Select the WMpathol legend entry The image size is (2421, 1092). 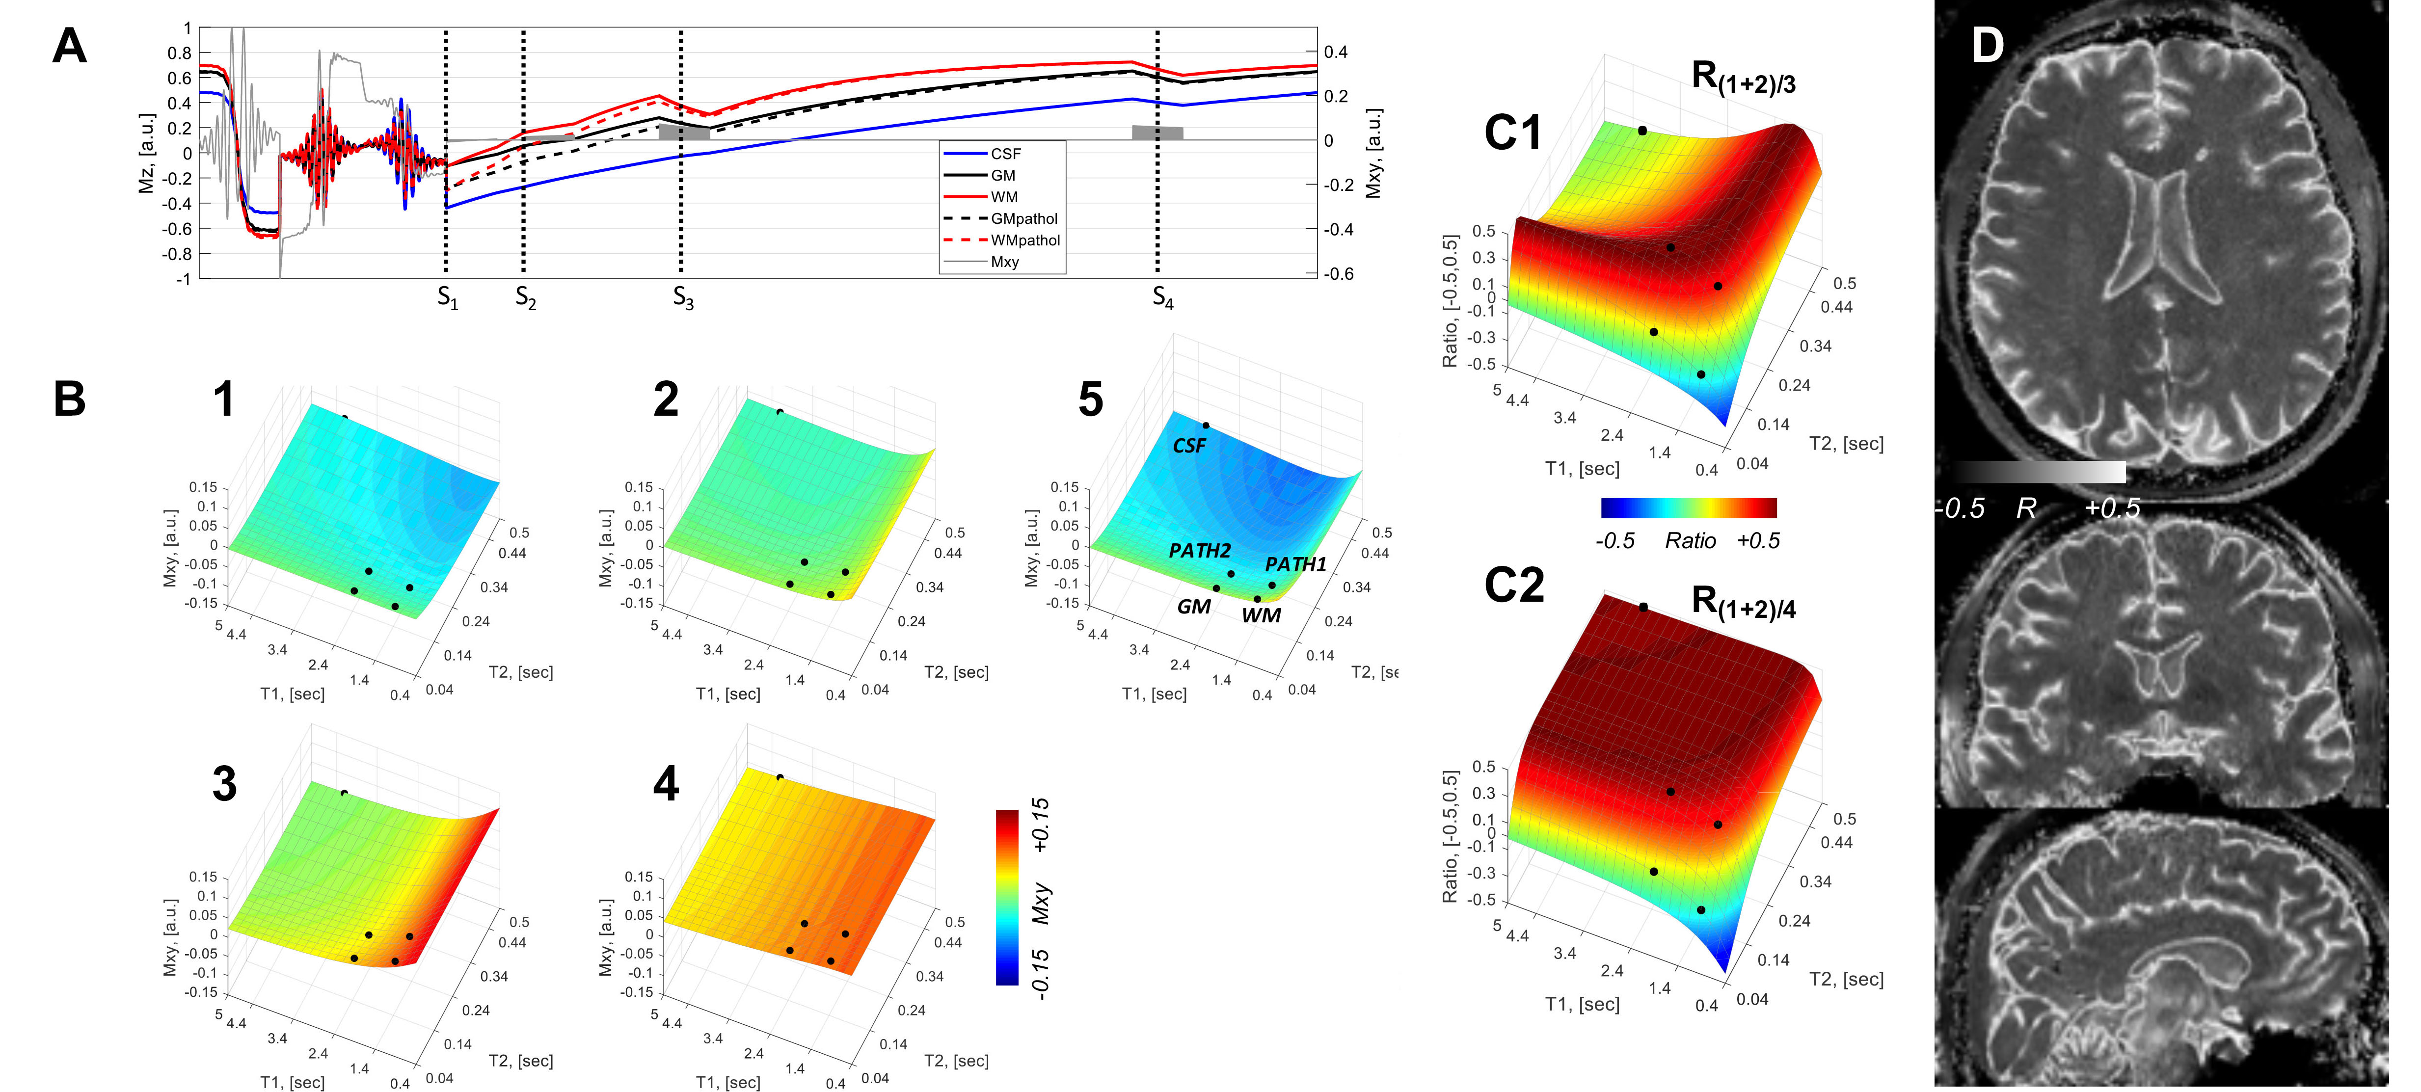coord(1024,240)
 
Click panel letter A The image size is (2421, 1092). coord(70,45)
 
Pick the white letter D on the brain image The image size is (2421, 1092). coord(1987,45)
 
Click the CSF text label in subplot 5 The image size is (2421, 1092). coord(1189,447)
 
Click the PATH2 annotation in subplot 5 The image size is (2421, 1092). coord(1199,551)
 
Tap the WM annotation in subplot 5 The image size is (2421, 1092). coord(1260,615)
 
